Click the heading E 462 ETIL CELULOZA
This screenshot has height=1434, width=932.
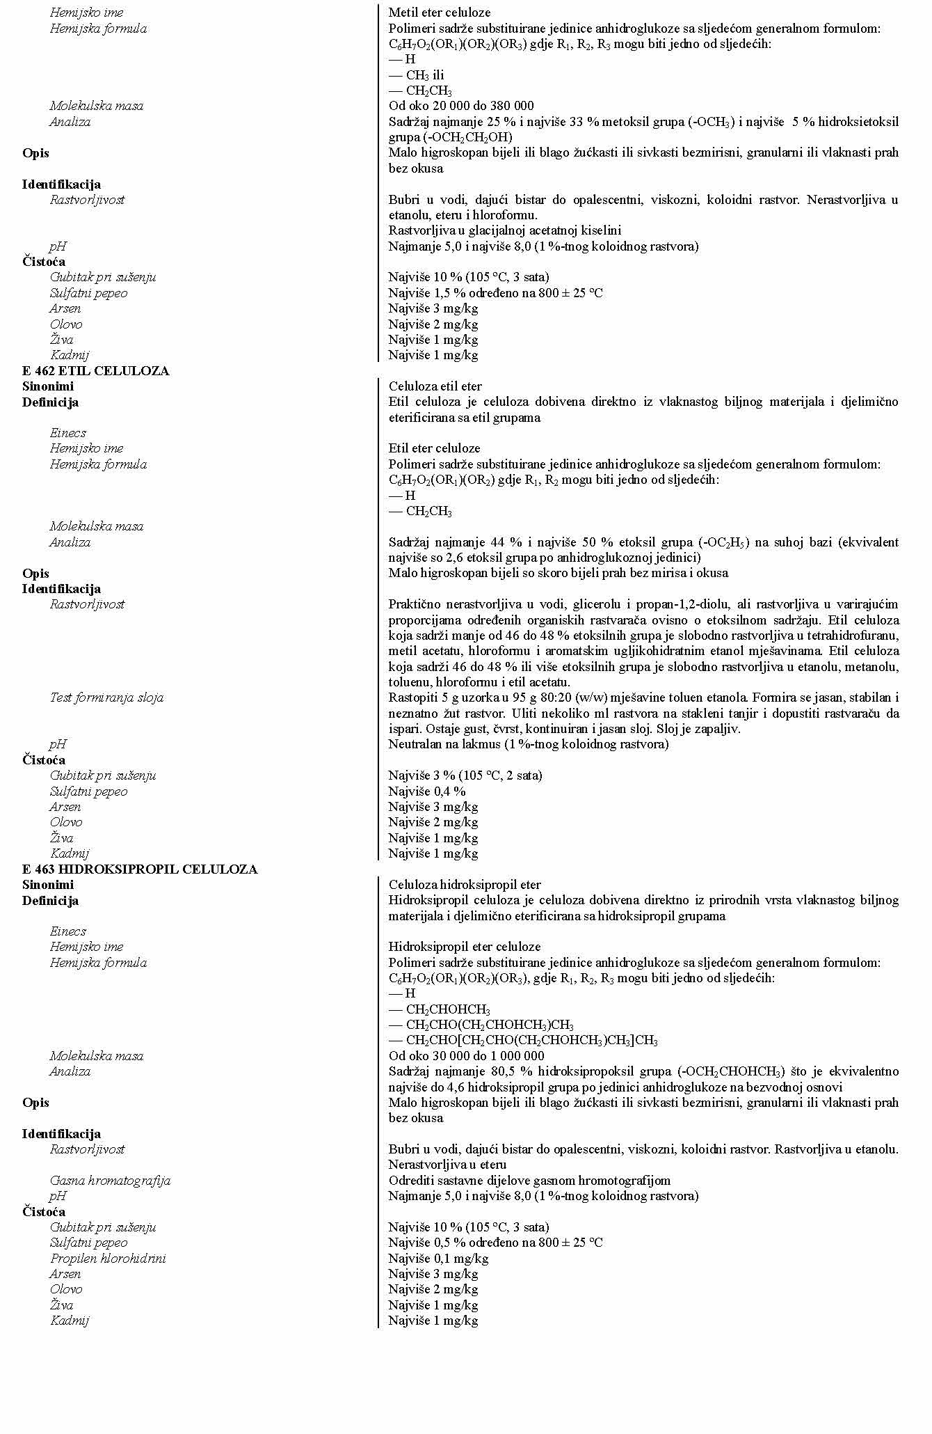coord(95,371)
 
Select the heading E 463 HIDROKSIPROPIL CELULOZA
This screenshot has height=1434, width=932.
coord(139,869)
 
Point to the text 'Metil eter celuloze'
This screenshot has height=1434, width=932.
coord(439,13)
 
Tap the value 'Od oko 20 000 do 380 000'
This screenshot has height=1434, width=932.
coord(461,106)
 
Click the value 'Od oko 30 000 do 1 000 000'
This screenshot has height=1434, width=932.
coord(466,1056)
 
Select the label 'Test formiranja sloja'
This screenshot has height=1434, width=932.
coord(106,698)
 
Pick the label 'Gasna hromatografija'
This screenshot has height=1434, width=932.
coord(110,1181)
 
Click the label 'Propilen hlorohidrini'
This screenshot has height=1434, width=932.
coord(108,1259)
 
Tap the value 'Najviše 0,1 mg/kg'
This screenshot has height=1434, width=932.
coord(438,1259)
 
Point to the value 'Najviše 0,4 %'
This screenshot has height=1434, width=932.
coord(427,791)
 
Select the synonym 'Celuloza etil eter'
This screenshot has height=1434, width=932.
coord(435,386)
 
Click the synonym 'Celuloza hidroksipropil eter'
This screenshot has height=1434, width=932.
coord(464,885)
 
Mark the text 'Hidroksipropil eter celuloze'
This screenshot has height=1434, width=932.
coord(464,947)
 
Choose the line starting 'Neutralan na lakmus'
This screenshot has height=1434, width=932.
coord(528,744)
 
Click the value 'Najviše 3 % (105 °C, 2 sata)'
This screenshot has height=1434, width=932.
coord(465,775)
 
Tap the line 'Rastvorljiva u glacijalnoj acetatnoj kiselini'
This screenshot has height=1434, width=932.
coord(504,230)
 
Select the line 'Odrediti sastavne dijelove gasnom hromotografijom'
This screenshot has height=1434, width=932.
coord(529,1181)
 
